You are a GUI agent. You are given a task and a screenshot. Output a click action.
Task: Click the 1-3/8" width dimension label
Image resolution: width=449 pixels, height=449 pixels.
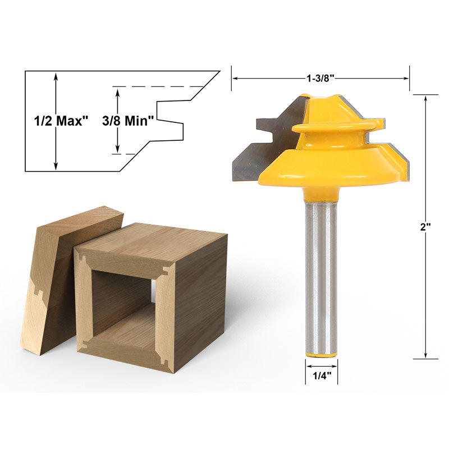pos(320,78)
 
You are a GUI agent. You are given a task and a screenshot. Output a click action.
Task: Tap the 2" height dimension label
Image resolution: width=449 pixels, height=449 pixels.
pos(425,227)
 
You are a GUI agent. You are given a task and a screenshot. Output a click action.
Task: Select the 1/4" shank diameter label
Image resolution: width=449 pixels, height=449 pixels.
pos(322,375)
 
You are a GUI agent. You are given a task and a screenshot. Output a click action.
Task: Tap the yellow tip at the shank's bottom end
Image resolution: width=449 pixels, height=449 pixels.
pos(321,355)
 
